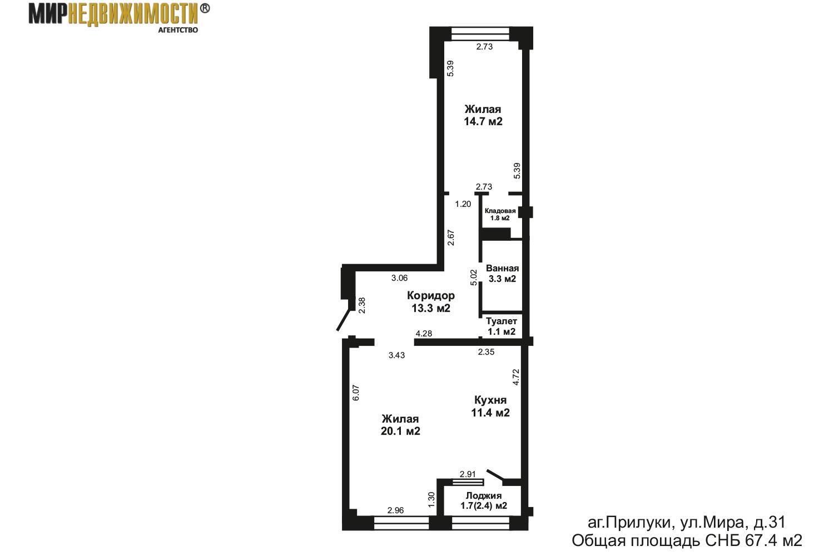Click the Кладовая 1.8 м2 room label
click(x=500, y=215)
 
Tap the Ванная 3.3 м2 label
click(x=503, y=274)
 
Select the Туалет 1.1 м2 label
click(x=502, y=326)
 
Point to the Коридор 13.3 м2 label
click(x=430, y=301)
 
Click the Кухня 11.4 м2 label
click(x=490, y=406)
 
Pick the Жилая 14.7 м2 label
click(x=483, y=115)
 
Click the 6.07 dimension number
click(x=357, y=394)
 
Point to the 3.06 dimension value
click(x=400, y=278)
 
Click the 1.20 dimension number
click(x=463, y=204)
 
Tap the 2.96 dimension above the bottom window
click(x=395, y=510)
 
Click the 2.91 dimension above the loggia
click(x=468, y=474)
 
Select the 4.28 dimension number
click(x=424, y=334)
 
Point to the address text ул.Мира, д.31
click(x=717, y=523)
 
